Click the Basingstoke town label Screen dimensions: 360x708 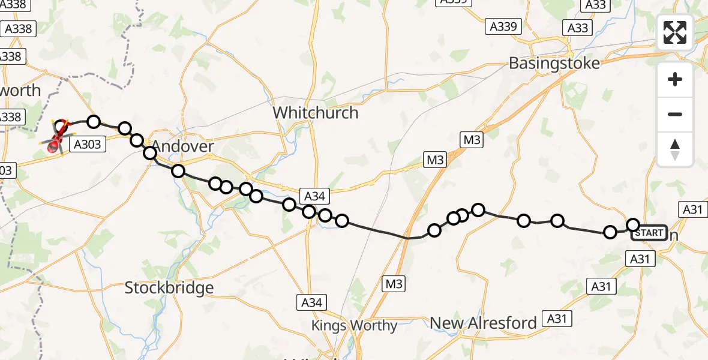tap(554, 63)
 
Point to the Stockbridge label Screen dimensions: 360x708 tap(169, 288)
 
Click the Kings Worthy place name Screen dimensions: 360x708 tap(354, 326)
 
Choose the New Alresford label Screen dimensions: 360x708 tap(484, 323)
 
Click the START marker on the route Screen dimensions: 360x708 tap(649, 233)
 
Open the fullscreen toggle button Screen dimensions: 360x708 tap(675, 32)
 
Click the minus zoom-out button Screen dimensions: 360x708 tap(675, 115)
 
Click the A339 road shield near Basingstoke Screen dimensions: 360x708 tap(503, 26)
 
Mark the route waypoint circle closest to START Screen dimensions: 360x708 tap(633, 225)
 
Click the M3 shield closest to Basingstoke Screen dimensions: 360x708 tap(472, 140)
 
